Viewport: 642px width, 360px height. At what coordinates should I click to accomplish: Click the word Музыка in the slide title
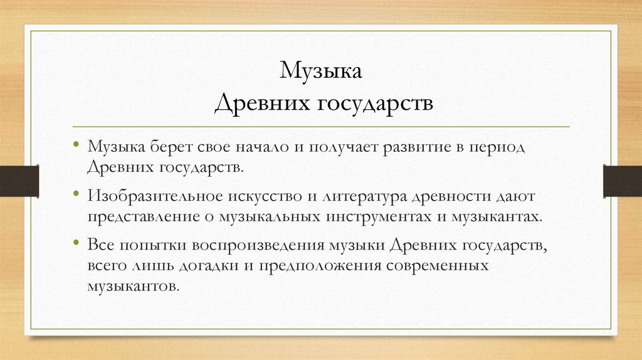click(320, 71)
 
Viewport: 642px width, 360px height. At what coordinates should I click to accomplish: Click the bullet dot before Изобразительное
click(76, 193)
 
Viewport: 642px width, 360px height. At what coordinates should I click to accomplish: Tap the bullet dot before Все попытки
click(76, 242)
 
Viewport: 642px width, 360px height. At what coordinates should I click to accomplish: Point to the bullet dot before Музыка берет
click(76, 145)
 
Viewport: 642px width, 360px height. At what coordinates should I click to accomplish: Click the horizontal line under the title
click(320, 127)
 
